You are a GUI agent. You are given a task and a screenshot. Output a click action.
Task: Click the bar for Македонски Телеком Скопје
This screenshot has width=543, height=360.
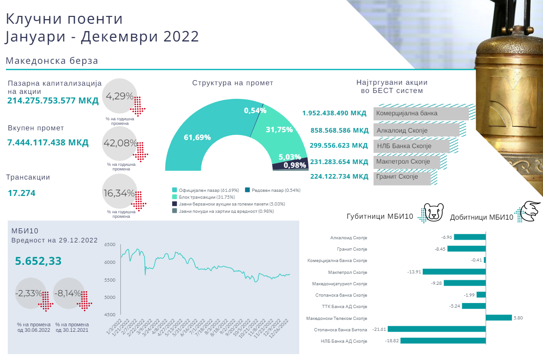coord(498,318)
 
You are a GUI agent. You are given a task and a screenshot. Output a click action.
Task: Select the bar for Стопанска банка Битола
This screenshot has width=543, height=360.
coord(437,329)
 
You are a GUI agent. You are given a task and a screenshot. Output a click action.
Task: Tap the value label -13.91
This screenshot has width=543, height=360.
coord(414,272)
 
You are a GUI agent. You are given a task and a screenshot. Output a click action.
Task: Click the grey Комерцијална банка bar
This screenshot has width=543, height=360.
coord(421,113)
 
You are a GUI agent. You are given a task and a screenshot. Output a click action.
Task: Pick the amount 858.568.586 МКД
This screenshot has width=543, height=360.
coord(339,130)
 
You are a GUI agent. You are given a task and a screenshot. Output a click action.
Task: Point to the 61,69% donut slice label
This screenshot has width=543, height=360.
coord(197,137)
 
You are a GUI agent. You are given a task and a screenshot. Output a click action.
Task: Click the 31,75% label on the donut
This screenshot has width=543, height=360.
coord(279,130)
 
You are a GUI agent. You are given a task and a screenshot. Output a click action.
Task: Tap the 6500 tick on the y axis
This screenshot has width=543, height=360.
coord(110,245)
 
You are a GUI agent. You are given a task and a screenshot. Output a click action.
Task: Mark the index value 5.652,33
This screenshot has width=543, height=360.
coord(38,261)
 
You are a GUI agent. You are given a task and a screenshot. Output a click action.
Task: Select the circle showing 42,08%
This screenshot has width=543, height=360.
coord(120,143)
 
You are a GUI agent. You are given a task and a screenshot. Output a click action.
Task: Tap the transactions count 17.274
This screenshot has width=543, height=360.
coord(21,193)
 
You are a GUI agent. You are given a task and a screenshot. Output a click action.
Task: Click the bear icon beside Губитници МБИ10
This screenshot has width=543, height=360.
coord(432,212)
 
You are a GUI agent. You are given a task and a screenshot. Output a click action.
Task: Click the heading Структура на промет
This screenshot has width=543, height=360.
coord(233,83)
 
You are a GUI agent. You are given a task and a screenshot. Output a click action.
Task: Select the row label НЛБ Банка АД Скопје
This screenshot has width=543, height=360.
coord(343,341)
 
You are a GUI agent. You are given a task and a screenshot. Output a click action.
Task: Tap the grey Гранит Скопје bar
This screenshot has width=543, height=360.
coord(402,177)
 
